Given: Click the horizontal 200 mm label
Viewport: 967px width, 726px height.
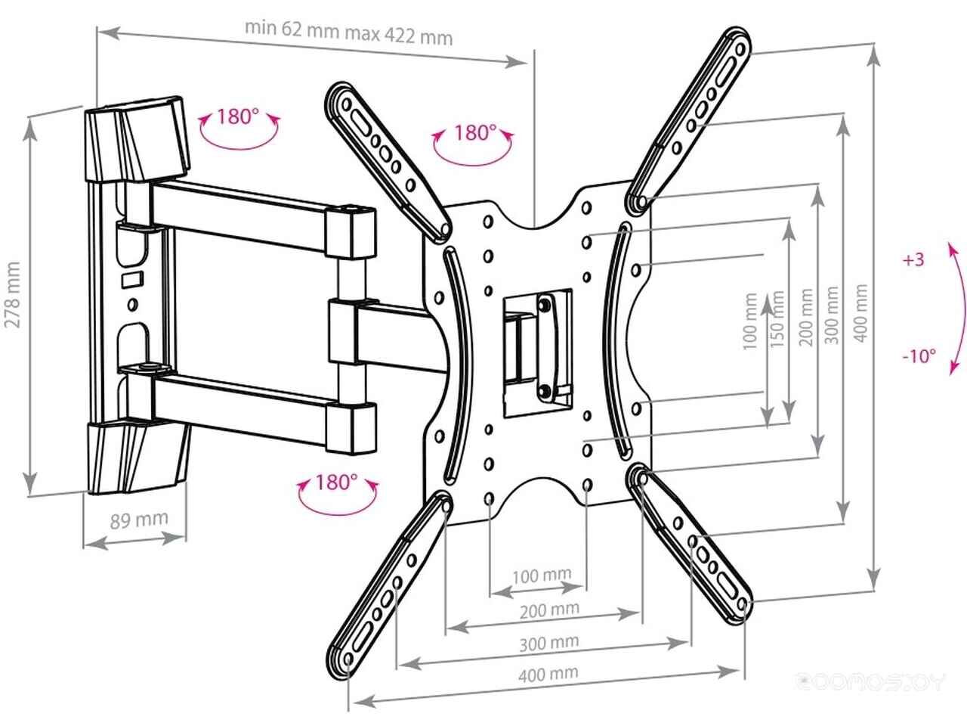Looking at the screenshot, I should tap(549, 609).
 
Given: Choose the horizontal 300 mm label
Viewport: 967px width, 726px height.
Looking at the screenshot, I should tap(549, 644).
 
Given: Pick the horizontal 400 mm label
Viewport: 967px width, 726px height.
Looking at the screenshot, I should tap(549, 672).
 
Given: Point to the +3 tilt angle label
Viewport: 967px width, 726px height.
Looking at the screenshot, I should tap(913, 259).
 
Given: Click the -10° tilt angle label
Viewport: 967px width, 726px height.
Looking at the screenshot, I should tap(919, 355).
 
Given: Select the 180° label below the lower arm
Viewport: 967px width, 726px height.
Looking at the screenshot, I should tap(336, 482).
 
